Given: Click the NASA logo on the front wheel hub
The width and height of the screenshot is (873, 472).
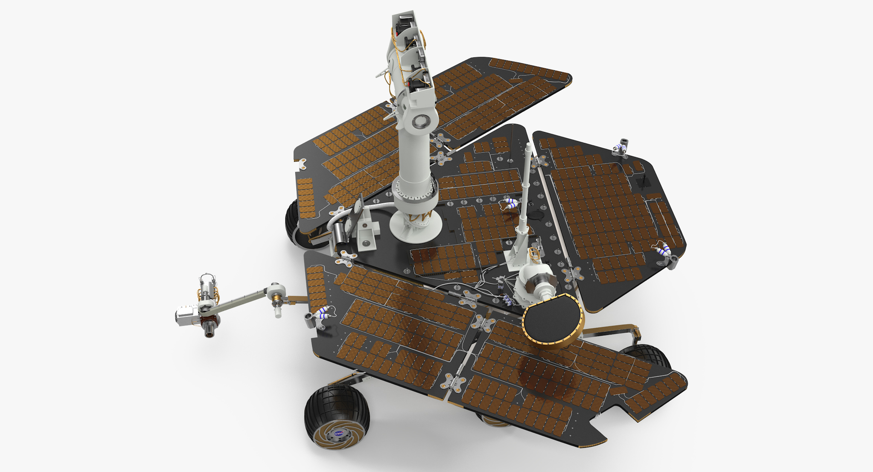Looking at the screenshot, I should click(339, 434).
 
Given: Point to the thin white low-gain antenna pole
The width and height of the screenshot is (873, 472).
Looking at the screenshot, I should click(527, 182).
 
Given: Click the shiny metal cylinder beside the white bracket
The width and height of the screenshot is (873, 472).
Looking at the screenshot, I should click(339, 234).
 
